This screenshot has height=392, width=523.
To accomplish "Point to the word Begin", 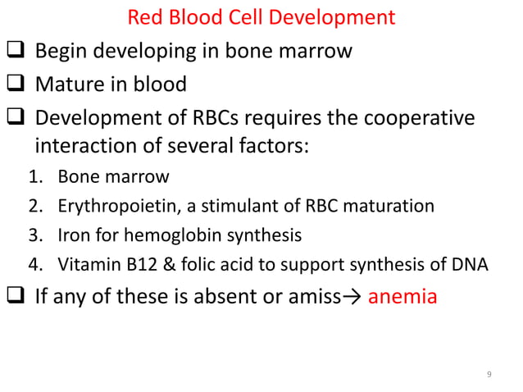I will [x=63, y=52].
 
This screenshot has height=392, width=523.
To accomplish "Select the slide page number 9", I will [x=489, y=375].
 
